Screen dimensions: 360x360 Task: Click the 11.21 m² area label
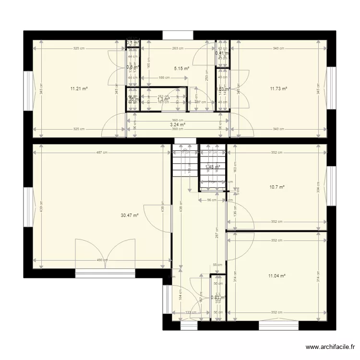[79, 88]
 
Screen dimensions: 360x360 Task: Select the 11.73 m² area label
[278, 88]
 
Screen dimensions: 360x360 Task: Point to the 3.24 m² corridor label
[178, 124]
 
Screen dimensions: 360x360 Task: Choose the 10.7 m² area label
[277, 187]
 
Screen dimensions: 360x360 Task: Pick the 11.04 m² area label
[277, 276]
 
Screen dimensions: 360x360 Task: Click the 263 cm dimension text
[178, 48]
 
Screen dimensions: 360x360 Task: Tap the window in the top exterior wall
[178, 35]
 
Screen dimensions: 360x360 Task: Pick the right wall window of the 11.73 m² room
[330, 88]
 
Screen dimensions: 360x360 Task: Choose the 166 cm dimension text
[164, 77]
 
